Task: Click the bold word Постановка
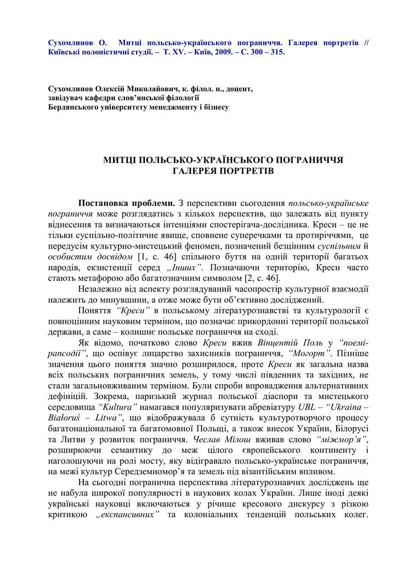pos(106,203)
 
